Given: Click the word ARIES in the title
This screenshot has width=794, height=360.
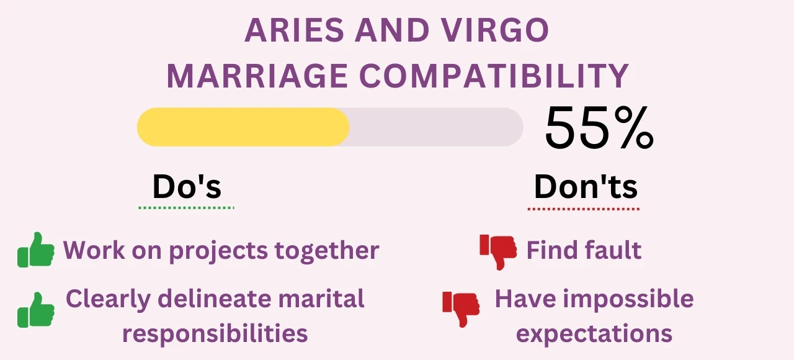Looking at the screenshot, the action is click(x=294, y=30).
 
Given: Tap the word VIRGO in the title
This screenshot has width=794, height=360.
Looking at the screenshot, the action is click(x=496, y=30).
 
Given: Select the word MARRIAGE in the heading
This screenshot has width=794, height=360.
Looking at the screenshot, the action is click(x=257, y=76).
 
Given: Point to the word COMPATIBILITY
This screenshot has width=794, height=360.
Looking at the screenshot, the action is click(x=494, y=76).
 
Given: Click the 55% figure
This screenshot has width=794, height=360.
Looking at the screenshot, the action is click(x=599, y=128).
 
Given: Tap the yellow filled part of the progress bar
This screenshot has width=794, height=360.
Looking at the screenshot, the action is click(x=243, y=127).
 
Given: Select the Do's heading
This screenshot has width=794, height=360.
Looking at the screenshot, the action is click(x=187, y=186).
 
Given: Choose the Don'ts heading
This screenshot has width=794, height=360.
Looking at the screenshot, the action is click(x=586, y=186).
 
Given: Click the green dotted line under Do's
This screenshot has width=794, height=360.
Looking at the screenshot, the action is click(x=187, y=208).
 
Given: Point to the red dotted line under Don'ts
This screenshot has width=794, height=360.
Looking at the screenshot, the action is click(x=584, y=209).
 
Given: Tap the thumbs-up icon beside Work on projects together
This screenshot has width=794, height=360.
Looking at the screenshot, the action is click(x=36, y=250).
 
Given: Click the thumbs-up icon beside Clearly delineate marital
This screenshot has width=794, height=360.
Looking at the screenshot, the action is click(x=36, y=310).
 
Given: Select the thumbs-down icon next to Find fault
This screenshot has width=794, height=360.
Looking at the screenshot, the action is click(x=498, y=252).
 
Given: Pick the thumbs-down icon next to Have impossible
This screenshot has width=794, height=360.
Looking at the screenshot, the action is click(x=461, y=309).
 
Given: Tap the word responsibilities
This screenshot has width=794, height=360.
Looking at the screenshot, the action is click(x=215, y=334).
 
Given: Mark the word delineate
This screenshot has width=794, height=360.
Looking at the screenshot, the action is click(x=214, y=299).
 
